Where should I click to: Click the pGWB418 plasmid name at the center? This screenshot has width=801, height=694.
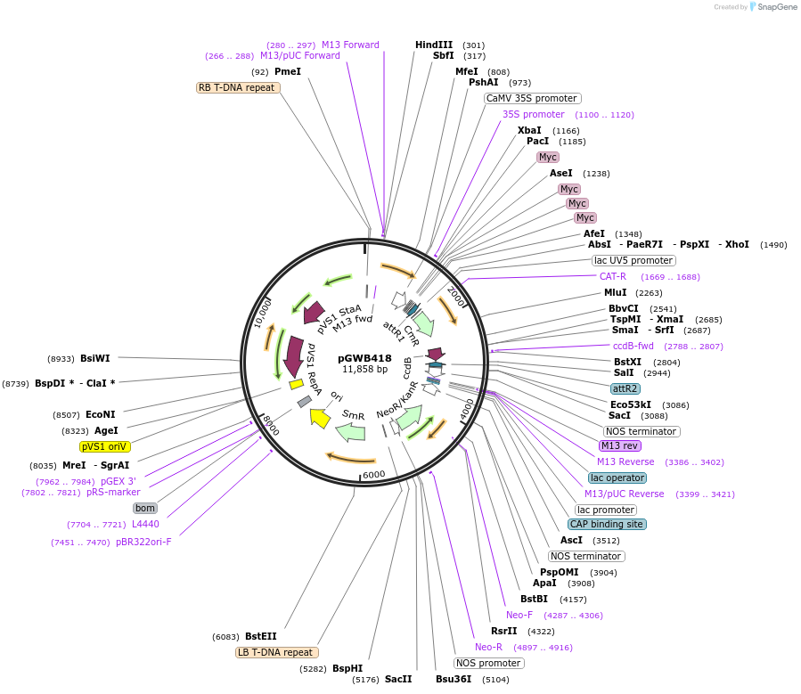(365, 358)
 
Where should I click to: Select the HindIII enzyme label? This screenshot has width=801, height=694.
(434, 45)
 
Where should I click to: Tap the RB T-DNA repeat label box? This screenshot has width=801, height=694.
(238, 87)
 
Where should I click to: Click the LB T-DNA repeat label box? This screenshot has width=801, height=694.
(277, 652)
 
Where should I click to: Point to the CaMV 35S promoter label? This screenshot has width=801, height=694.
(533, 98)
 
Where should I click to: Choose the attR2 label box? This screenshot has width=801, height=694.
(625, 388)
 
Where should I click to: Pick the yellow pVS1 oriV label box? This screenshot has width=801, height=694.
(105, 446)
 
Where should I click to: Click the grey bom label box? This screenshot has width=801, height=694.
(145, 508)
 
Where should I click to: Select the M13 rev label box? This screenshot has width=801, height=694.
(621, 445)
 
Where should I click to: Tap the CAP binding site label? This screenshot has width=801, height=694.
(607, 524)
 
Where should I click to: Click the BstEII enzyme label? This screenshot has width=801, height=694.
(261, 636)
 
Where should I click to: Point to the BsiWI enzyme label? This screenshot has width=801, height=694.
(95, 358)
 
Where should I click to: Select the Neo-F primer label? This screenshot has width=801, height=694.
(519, 615)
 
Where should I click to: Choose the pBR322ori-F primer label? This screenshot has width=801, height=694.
(143, 542)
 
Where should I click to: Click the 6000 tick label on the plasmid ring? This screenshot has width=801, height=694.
(373, 474)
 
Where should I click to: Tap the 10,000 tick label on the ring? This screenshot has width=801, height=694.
(264, 313)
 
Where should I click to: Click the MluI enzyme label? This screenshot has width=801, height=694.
(616, 292)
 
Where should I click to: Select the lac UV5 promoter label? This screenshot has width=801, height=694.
(633, 260)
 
